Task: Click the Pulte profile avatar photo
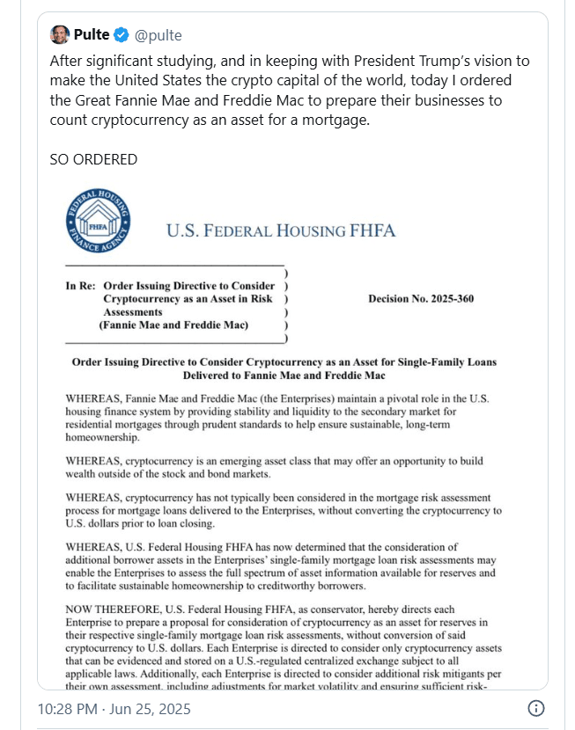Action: pos(60,35)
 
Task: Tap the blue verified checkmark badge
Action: pos(121,36)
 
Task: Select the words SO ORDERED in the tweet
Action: pos(93,159)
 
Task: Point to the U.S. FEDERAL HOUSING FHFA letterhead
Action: pos(281,231)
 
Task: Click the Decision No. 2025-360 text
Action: pos(421,298)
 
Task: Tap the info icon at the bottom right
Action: pos(534,708)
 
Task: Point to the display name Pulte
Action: pos(92,36)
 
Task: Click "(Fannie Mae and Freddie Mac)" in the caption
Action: pos(173,325)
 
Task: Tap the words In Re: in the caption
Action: pos(80,286)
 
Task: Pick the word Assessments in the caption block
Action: pos(133,311)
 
